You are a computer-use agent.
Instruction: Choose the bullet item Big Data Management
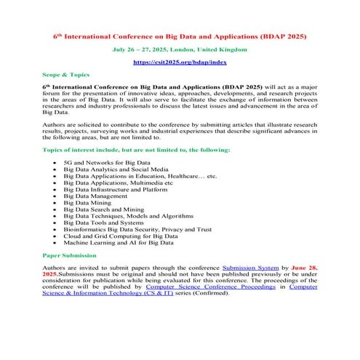click(x=99, y=196)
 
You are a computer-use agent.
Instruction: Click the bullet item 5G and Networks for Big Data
click(x=106, y=163)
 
